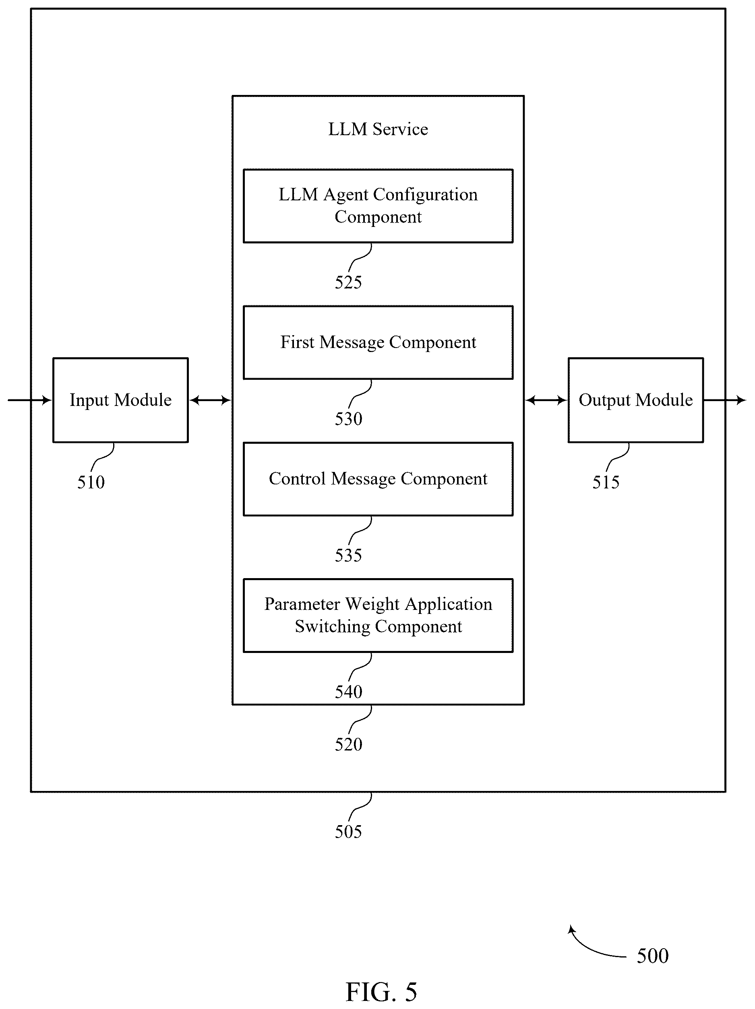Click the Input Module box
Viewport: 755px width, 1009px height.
click(120, 400)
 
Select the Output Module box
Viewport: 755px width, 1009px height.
click(635, 400)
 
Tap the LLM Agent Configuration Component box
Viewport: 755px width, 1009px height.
click(378, 206)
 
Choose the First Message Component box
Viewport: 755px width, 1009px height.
click(378, 342)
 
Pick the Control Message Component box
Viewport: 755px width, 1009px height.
click(378, 479)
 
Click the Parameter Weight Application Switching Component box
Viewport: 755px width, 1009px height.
click(378, 616)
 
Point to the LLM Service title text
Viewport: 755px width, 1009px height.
click(378, 129)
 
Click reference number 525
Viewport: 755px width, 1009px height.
click(348, 282)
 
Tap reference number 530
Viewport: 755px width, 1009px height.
click(348, 419)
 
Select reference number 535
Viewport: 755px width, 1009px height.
click(348, 555)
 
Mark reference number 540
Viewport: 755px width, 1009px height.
click(348, 692)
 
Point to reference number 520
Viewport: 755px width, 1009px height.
click(348, 744)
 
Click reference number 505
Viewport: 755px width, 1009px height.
click(348, 832)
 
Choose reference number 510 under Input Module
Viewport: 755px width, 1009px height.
click(91, 482)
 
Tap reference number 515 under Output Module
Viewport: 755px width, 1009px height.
click(606, 482)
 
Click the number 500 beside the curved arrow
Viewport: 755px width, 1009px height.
click(653, 955)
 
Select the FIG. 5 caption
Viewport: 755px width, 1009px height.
click(381, 992)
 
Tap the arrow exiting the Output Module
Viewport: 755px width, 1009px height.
click(725, 400)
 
